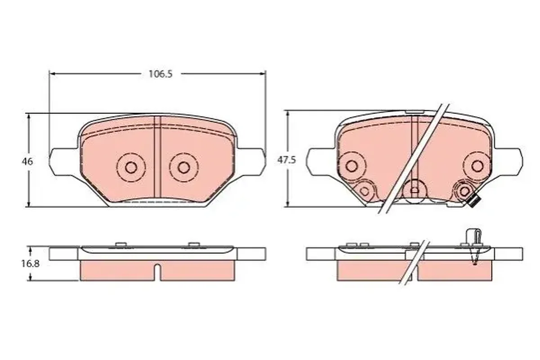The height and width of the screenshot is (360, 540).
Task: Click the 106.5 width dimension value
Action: pos(161,74)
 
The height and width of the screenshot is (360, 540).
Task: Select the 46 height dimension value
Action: pos(27,162)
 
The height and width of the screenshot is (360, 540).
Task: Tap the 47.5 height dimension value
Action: pos(286,160)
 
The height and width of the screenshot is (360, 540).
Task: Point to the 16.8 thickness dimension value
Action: pos(31,264)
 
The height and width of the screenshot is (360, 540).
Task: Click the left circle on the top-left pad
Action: pos(131,167)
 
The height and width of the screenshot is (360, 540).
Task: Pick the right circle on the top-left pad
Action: pos(184,167)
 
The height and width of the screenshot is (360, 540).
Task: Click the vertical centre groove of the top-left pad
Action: pos(157,159)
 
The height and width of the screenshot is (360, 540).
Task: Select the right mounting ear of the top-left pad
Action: pos(251,162)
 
